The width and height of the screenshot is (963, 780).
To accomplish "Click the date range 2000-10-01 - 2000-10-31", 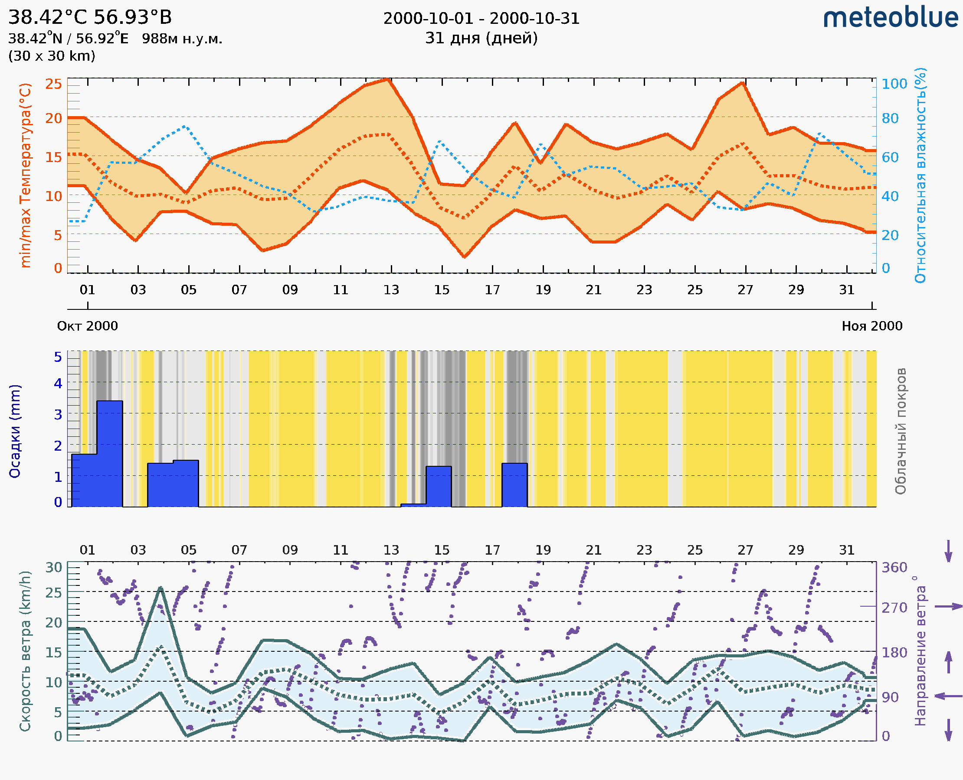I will [x=481, y=19].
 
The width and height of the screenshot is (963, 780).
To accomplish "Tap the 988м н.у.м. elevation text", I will [x=182, y=39].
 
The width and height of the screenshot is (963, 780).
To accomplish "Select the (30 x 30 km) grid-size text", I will [x=52, y=56].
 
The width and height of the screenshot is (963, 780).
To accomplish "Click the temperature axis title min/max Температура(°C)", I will [x=26, y=175].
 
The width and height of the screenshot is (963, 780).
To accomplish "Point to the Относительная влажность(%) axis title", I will [x=920, y=175].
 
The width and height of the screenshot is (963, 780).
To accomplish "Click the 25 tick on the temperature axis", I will [x=53, y=84].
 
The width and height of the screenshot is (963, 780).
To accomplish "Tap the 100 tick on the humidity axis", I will [x=894, y=84].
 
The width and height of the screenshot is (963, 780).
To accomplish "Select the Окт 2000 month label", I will [x=87, y=326].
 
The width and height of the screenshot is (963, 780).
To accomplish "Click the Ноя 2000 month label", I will [x=872, y=326].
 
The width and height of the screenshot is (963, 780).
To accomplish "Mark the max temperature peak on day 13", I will [x=387, y=80].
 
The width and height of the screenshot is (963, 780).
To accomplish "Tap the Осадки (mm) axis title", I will [x=15, y=431].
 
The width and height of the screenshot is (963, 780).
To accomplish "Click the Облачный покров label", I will [x=901, y=431].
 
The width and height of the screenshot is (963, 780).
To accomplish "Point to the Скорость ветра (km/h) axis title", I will [x=25, y=651].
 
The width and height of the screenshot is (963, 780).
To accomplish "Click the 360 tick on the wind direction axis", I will [x=894, y=568].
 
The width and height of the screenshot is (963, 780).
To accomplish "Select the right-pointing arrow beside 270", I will [x=948, y=607].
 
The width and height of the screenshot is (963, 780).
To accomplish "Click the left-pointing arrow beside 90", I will [x=948, y=696].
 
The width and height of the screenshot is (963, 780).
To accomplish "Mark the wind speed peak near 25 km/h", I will [x=160, y=588].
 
